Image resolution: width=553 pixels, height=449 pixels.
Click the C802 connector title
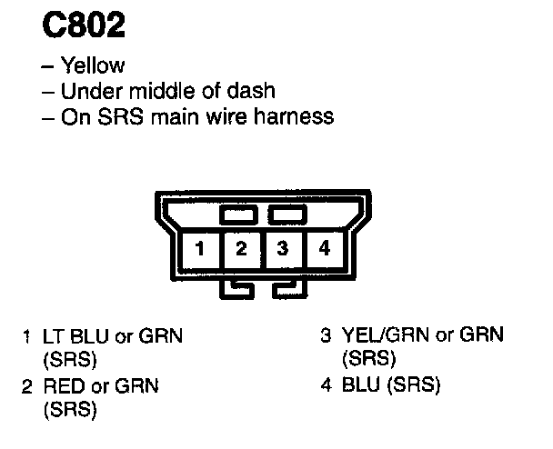pos(84,25)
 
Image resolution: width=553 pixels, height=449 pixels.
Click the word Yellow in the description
pos(92,65)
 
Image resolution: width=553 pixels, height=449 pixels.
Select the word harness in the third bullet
pos(297,116)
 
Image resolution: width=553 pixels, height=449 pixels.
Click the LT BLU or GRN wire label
pos(113,336)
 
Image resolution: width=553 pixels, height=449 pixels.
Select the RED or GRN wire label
pos(101,386)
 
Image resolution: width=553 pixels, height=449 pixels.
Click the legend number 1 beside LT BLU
pos(27,336)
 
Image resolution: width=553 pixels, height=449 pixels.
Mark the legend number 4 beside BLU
pos(325,385)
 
